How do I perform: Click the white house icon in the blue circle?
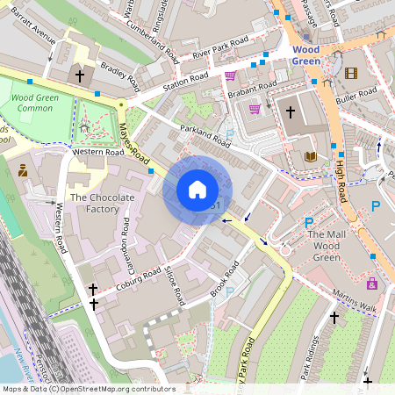tap(197, 190)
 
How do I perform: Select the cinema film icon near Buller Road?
tap(351, 73)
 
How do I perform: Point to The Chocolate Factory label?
tap(102, 204)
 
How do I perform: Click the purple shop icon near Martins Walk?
tap(372, 284)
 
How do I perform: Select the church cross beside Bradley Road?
tap(80, 76)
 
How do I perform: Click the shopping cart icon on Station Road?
tap(230, 76)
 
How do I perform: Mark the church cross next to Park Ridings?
tap(334, 317)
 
